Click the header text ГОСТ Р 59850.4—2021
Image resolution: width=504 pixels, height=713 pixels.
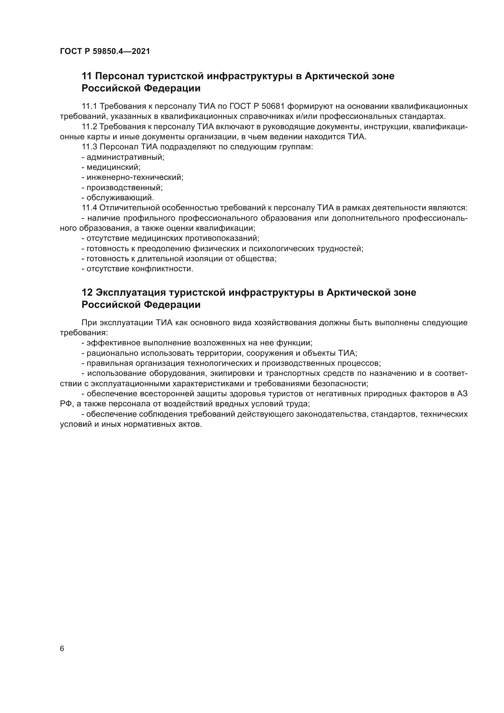pyautogui.click(x=105, y=51)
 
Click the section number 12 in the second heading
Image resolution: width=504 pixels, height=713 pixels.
pyautogui.click(x=87, y=293)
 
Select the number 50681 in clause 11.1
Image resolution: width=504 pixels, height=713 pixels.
pyautogui.click(x=273, y=106)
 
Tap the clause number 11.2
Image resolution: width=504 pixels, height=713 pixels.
pyautogui.click(x=89, y=127)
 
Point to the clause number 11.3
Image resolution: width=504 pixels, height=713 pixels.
pyautogui.click(x=89, y=147)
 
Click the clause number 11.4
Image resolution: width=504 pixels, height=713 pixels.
pyautogui.click(x=89, y=208)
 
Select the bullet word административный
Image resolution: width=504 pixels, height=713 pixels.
pyautogui.click(x=125, y=157)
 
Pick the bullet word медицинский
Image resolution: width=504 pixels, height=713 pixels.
pyautogui.click(x=113, y=167)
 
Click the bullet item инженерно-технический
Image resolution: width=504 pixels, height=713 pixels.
pyautogui.click(x=135, y=177)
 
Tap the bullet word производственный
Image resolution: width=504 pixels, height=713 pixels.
pyautogui.click(x=124, y=187)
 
